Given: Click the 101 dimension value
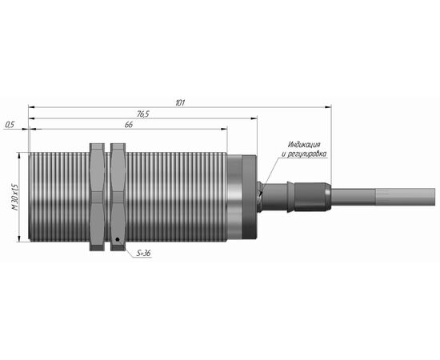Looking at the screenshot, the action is pyautogui.click(x=180, y=103).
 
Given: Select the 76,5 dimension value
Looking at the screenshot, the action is pyautogui.click(x=143, y=114).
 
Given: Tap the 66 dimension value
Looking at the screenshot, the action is pyautogui.click(x=129, y=125).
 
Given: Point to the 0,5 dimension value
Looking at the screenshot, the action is pyautogui.click(x=10, y=125).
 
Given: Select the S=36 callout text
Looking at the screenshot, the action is pyautogui.click(x=144, y=253).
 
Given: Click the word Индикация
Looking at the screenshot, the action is pyautogui.click(x=304, y=145).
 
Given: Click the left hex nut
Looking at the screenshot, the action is pyautogui.click(x=97, y=197).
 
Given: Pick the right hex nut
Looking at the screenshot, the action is pyautogui.click(x=118, y=197).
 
